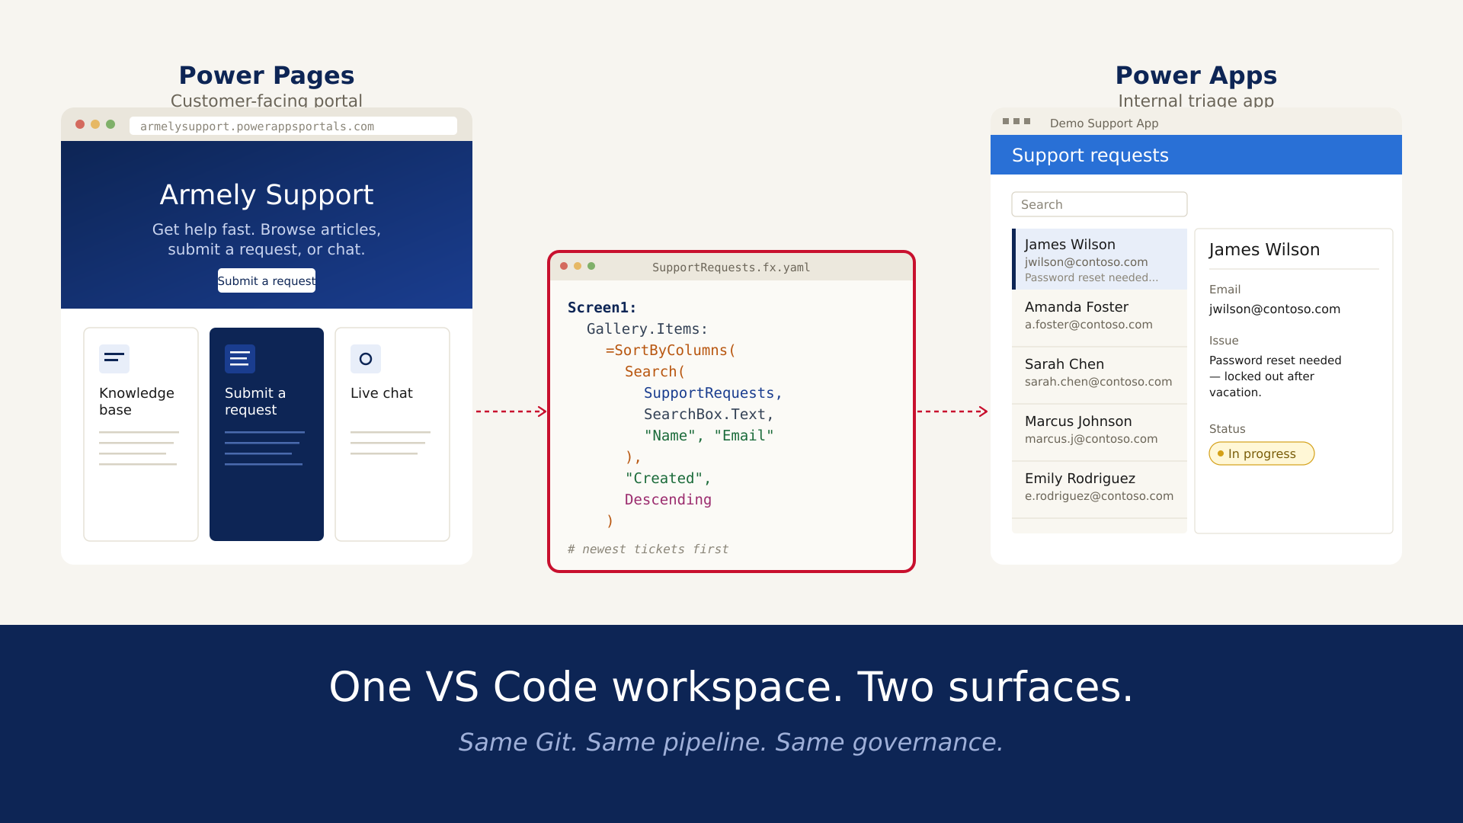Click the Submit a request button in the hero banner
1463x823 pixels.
(267, 280)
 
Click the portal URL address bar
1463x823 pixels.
(293, 126)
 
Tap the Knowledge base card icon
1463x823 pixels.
(114, 358)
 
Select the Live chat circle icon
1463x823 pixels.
(366, 358)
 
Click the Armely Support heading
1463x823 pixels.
(267, 195)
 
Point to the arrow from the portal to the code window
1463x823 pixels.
(511, 411)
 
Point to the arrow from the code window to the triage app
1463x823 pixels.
(952, 411)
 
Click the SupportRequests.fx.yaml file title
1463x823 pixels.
(731, 267)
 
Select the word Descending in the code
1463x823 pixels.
(667, 500)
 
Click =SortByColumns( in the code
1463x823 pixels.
(671, 351)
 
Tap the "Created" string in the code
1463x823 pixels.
(664, 479)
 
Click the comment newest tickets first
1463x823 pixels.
(648, 549)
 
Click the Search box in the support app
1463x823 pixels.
(1099, 204)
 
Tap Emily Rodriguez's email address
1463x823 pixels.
(1099, 496)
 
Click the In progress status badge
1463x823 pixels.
(1261, 453)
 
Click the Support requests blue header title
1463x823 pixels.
(1090, 155)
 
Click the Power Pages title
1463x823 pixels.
(267, 75)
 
